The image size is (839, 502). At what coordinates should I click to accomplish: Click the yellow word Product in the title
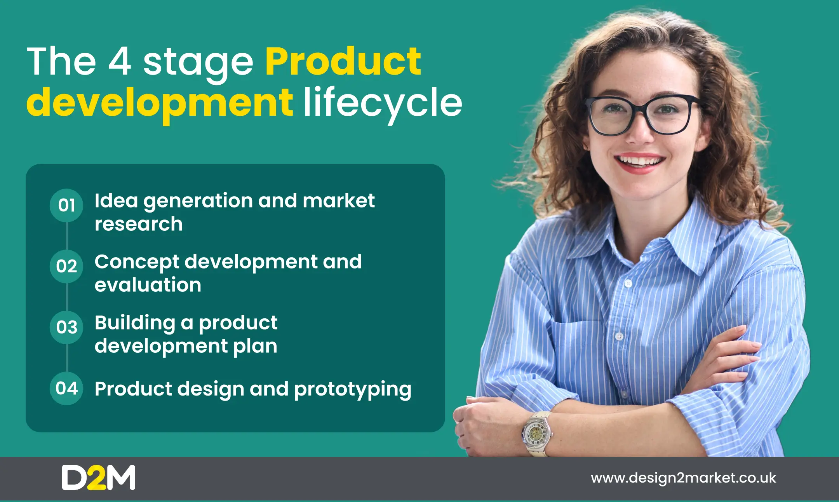343,61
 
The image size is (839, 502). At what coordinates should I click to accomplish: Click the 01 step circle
66,206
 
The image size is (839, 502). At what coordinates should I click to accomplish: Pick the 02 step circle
66,267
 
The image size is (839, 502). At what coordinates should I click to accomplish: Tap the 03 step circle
66,328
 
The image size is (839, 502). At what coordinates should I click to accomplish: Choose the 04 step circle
66,389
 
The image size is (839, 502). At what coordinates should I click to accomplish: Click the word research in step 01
139,224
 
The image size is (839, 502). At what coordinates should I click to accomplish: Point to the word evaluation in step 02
148,285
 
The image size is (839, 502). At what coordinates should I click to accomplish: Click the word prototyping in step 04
353,390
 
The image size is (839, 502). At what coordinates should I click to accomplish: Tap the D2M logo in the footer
99,478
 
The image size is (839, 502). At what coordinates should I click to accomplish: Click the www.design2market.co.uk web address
684,478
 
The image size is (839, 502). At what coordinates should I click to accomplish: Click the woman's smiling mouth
640,162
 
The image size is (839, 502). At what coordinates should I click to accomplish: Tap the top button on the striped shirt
628,283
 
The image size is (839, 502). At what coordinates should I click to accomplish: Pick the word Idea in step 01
117,200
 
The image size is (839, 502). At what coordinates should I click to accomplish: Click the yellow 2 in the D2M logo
96,478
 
